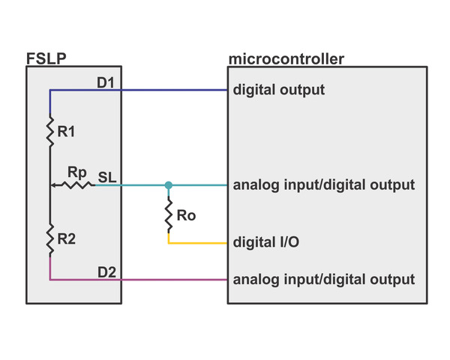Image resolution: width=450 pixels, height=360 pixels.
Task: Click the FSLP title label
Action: pyautogui.click(x=44, y=59)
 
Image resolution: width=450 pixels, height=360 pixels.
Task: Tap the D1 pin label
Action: pyautogui.click(x=106, y=82)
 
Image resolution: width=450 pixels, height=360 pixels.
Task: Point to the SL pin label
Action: pyautogui.click(x=106, y=177)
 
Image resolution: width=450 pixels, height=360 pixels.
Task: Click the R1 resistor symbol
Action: pyautogui.click(x=50, y=132)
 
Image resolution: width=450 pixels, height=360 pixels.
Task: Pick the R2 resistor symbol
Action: pyautogui.click(x=50, y=239)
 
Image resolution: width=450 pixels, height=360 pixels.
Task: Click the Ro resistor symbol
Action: pyautogui.click(x=168, y=216)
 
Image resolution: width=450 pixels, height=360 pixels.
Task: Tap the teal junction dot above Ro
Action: pyautogui.click(x=168, y=184)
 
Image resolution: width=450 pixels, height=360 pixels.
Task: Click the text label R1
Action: pyautogui.click(x=67, y=133)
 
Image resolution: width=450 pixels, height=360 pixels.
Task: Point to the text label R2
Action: pyautogui.click(x=67, y=240)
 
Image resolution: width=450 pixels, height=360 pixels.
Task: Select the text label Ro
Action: pyautogui.click(x=186, y=216)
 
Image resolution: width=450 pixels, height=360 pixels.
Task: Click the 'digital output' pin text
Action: pyautogui.click(x=279, y=90)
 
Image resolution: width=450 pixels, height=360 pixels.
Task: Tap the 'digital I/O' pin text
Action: pyautogui.click(x=268, y=243)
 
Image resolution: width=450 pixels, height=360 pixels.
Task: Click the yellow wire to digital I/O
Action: pyautogui.click(x=198, y=243)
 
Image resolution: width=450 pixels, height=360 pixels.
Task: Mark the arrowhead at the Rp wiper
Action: pyautogui.click(x=53, y=184)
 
